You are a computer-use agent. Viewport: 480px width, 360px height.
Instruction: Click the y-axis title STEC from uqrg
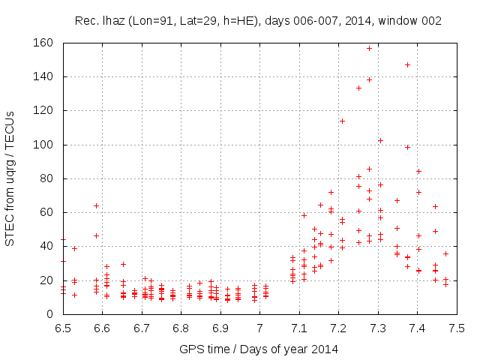click(10, 178)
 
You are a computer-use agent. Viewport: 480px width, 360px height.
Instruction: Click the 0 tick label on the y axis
click(52, 314)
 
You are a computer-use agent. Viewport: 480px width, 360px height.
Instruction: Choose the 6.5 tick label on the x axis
click(64, 328)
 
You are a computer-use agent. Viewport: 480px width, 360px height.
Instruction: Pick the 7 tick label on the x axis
click(260, 328)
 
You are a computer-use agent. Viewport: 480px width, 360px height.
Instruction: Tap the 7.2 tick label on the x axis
click(339, 328)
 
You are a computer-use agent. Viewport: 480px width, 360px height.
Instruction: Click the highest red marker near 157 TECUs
click(369, 48)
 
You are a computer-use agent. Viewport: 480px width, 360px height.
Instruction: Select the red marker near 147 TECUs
click(407, 64)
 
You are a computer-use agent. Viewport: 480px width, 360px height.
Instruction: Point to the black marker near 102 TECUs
click(380, 140)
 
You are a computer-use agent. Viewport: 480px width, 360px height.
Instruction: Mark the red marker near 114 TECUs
click(342, 121)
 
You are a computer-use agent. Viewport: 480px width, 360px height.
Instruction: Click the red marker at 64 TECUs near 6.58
click(96, 205)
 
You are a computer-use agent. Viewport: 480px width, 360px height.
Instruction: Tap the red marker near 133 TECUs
click(358, 88)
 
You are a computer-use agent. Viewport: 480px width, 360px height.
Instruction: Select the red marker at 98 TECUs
click(407, 147)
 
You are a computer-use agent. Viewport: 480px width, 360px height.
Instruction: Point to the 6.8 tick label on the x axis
click(181, 328)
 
